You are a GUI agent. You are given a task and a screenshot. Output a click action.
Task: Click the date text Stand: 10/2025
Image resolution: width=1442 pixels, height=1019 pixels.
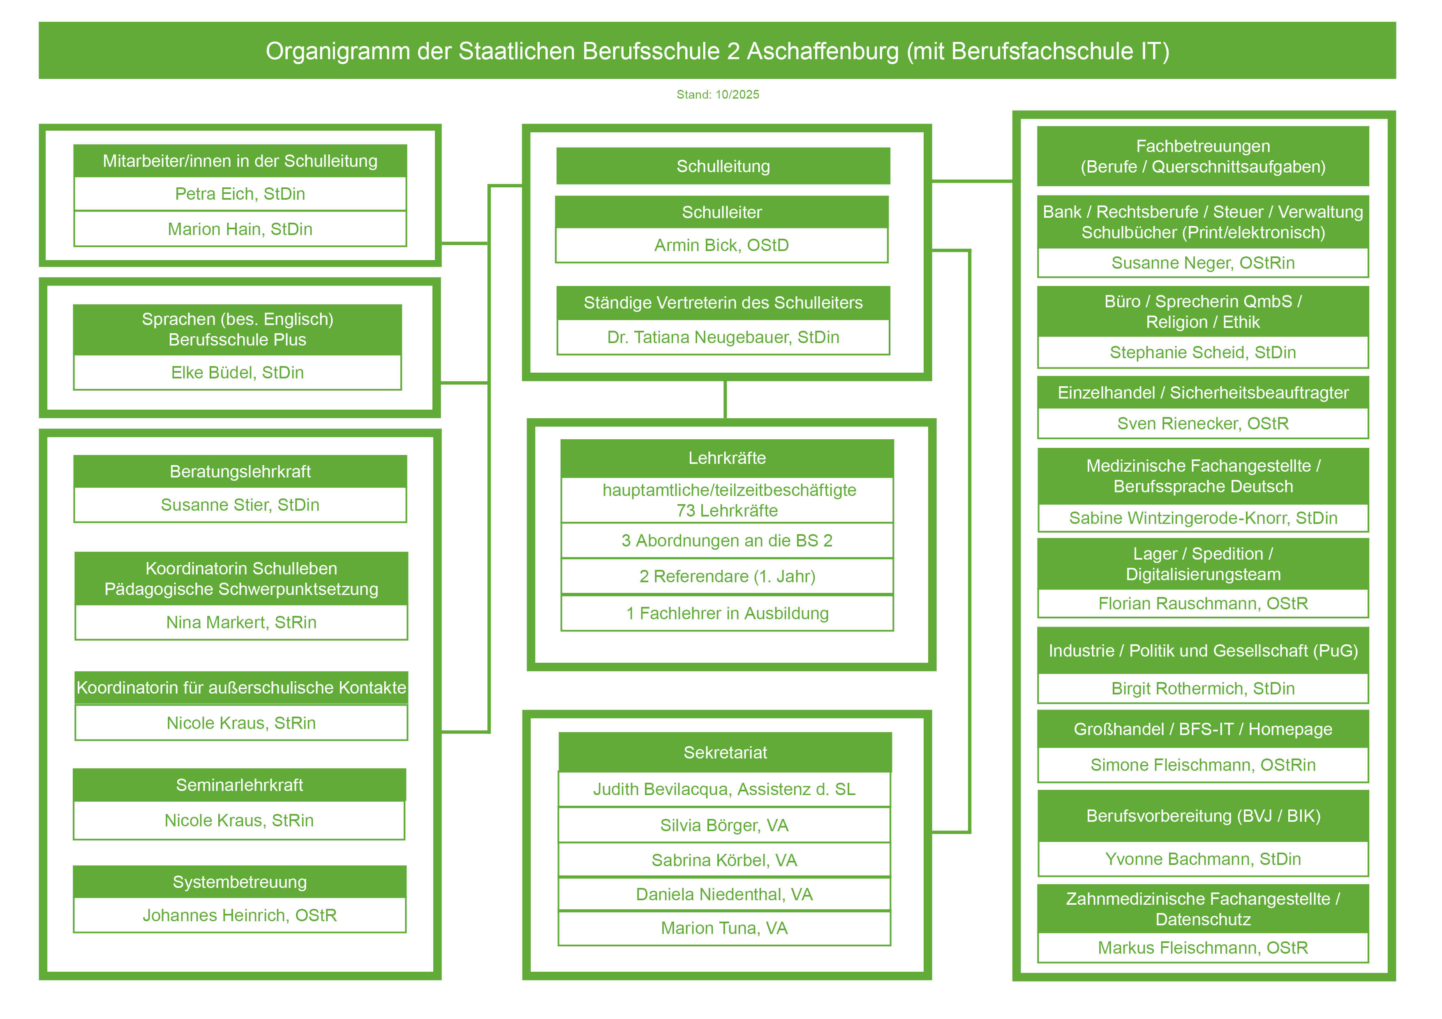717,95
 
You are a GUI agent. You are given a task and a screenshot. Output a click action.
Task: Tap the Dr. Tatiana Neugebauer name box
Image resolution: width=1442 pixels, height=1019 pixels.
723,338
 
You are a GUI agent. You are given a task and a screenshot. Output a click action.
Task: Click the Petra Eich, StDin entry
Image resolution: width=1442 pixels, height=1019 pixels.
240,194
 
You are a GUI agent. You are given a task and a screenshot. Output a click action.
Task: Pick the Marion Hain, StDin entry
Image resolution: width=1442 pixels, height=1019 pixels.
240,229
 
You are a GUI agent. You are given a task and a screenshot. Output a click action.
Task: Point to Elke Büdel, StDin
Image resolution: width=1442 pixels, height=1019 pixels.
238,373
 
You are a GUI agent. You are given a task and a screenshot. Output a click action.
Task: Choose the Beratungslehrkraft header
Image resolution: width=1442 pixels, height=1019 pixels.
240,472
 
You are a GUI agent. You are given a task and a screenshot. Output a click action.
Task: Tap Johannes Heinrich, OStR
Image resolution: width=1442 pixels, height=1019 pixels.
239,915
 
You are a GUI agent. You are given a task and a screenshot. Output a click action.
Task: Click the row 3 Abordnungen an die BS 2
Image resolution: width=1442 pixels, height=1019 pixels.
727,541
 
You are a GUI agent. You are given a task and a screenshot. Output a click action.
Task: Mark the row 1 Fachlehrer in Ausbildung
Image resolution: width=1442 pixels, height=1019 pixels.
727,613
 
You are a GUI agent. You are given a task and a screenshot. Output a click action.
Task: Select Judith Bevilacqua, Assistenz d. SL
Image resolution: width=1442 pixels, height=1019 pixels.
724,789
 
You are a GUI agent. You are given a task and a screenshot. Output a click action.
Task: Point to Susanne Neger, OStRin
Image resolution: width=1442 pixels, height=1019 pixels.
1203,263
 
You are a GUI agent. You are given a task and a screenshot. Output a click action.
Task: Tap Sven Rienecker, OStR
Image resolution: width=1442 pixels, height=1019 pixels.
1203,424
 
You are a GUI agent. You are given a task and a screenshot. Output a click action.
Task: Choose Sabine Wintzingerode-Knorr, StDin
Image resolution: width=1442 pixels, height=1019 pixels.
1203,518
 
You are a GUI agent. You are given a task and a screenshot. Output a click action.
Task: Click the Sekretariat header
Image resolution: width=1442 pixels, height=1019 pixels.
725,752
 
